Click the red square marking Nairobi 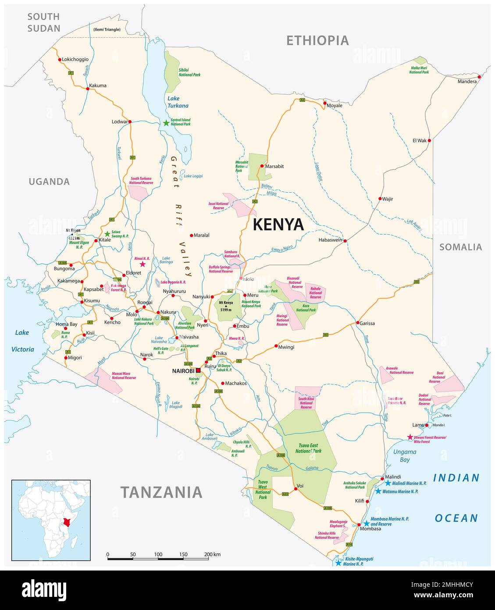[198, 370]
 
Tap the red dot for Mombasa [359, 524]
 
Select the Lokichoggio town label [76, 59]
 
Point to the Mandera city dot [479, 77]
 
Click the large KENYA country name [278, 224]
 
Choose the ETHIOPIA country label [317, 40]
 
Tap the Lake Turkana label [178, 102]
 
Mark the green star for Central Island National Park [166, 123]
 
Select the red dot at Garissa [358, 323]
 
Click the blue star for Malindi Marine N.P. [388, 483]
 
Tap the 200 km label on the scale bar [212, 554]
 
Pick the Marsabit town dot [262, 166]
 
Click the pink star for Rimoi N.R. [142, 264]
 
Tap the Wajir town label [388, 199]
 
